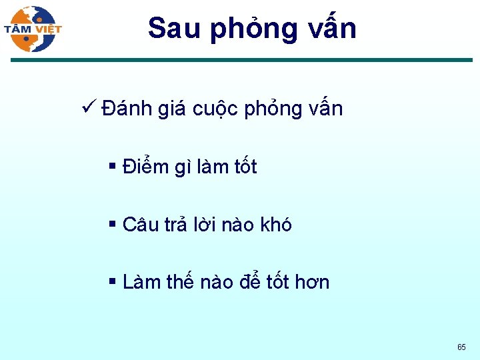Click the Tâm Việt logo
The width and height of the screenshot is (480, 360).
pos(32,29)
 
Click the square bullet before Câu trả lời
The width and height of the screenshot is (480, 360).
pos(112,224)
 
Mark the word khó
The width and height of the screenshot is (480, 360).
pos(275,225)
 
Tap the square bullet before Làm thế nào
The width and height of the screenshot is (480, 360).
pos(112,282)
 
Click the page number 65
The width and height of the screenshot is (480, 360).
pos(461,347)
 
